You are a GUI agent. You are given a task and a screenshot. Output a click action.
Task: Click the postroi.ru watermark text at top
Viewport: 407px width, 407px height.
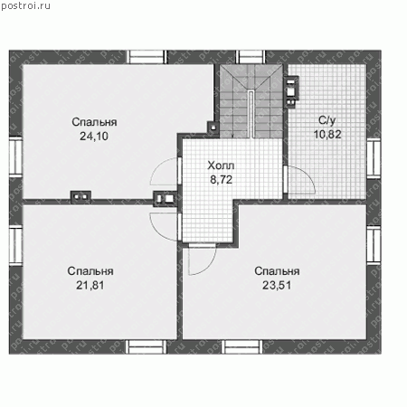tap(25, 6)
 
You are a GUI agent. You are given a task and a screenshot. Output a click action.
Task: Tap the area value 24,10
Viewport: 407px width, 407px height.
tap(94, 137)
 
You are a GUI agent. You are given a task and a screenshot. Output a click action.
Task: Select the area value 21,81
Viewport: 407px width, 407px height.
tap(90, 285)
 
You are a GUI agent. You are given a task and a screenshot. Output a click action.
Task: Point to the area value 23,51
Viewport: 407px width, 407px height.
tap(277, 285)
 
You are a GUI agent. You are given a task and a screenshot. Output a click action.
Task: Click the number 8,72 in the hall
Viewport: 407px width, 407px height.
tap(221, 180)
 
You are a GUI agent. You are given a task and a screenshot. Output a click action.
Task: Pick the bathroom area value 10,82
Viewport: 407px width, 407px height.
tap(327, 134)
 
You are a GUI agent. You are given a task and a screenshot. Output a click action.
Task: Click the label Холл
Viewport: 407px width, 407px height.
tap(221, 166)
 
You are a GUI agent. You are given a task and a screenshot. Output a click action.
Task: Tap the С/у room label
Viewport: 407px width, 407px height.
tap(327, 120)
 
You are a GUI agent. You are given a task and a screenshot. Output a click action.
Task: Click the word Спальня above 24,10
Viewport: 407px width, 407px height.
tap(94, 122)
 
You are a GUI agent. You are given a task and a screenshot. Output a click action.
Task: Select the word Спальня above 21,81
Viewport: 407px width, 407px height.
tap(90, 271)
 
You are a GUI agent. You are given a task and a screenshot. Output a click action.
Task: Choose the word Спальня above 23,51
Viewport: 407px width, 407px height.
tap(277, 271)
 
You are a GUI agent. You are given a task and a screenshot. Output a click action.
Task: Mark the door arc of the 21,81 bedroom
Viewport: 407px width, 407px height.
tap(158, 229)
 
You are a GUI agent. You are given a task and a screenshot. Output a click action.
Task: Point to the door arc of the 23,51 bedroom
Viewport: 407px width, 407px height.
tap(209, 265)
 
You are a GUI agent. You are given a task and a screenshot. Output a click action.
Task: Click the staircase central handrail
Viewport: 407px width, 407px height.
tap(251, 114)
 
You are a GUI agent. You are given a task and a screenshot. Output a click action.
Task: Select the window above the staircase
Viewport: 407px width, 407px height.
tap(251, 57)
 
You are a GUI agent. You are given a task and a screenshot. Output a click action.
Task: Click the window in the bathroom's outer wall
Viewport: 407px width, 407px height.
tap(374, 159)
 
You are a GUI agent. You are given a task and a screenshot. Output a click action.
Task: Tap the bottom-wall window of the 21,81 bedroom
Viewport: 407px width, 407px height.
tap(146, 346)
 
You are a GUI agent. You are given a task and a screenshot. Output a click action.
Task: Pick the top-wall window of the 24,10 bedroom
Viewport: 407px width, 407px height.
tap(147, 57)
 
